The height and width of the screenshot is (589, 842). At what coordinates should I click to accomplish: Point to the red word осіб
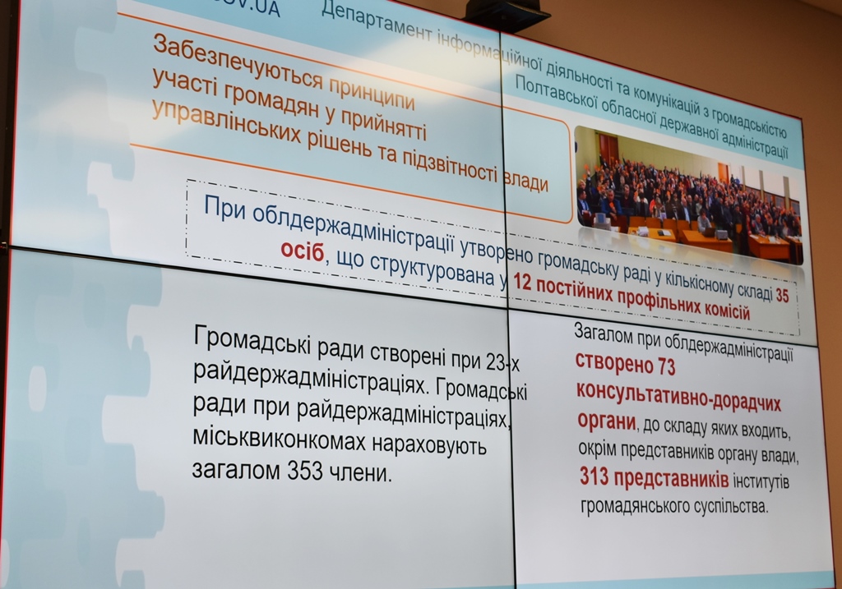pos(303,251)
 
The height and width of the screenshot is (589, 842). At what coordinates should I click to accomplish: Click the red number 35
pos(782,295)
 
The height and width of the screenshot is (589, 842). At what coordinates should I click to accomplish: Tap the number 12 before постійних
pos(521,281)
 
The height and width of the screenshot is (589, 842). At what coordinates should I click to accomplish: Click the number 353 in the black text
pos(305,471)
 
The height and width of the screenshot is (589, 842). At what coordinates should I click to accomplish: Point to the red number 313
pos(594,476)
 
